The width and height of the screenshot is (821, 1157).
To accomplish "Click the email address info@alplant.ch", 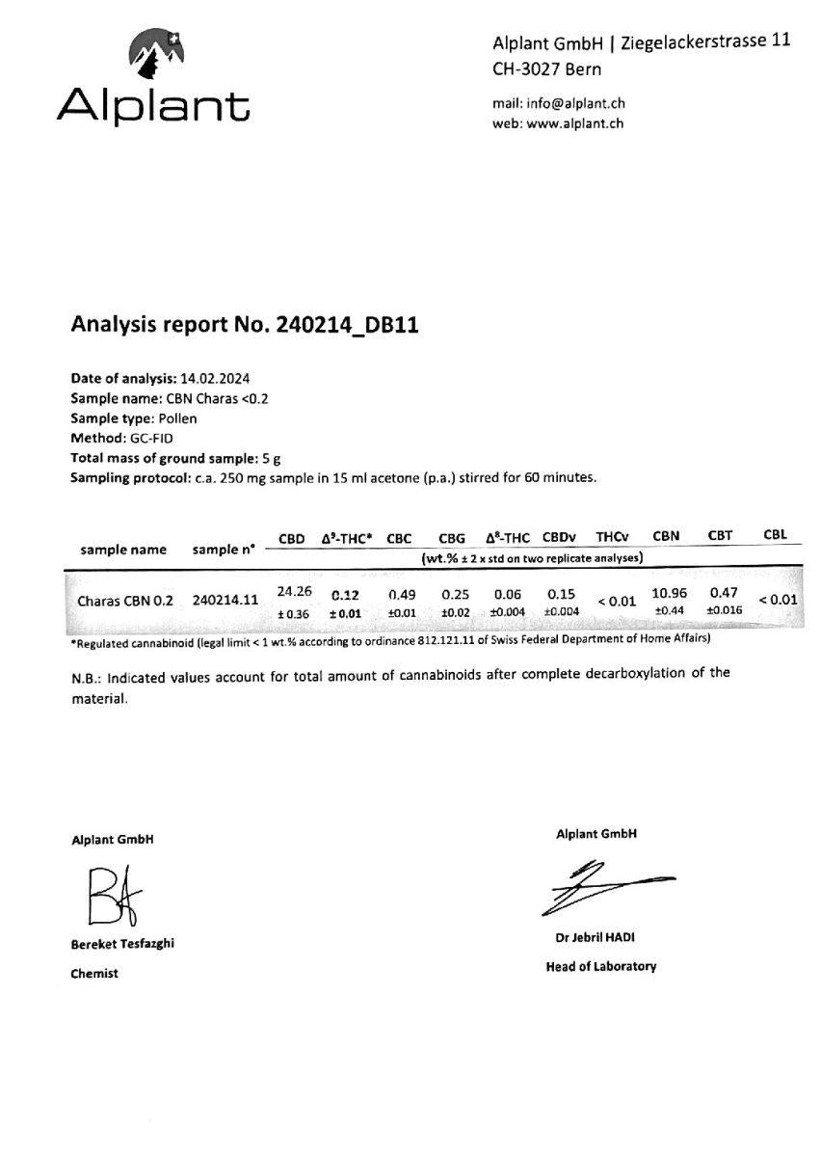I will click(579, 103).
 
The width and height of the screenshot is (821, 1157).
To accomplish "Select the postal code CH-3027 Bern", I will click(546, 68).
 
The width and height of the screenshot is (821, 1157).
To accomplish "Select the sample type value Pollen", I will click(177, 418).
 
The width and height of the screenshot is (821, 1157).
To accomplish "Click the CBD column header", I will click(293, 538).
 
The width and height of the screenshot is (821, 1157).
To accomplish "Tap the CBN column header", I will click(667, 536).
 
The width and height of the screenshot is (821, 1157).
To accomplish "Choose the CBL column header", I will click(775, 534).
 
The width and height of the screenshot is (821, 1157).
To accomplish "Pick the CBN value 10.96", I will click(669, 593).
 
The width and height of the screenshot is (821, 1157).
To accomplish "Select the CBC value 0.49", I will click(401, 595).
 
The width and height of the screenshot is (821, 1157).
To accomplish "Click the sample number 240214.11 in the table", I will click(225, 600).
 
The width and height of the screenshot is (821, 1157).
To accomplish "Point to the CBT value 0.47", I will click(724, 592).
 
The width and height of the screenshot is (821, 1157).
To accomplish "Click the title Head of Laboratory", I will click(600, 966).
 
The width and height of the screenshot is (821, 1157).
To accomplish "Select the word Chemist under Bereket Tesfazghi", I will click(94, 974).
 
